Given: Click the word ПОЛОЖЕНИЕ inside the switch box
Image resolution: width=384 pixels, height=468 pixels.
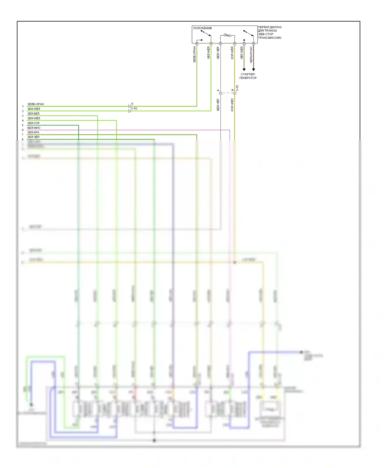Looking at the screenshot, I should click(x=202, y=28).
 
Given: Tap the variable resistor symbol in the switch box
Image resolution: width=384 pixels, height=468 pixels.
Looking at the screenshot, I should click(x=227, y=35).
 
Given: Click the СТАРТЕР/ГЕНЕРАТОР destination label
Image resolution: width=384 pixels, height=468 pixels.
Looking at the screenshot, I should click(x=248, y=76).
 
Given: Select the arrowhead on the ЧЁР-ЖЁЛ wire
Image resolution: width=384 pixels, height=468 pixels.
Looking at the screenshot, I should click(x=244, y=69).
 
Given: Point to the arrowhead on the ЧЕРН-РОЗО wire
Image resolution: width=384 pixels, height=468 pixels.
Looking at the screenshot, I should click(x=253, y=69).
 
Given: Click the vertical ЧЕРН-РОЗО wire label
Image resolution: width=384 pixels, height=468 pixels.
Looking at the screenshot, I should click(x=251, y=55).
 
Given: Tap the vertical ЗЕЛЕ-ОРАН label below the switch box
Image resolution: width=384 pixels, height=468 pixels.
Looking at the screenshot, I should click(x=194, y=55).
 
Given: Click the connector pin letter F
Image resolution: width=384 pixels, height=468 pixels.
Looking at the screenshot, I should click(x=218, y=90).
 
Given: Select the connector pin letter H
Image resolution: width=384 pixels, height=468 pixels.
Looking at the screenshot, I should click(x=232, y=90).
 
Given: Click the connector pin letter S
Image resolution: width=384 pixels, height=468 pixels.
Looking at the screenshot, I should click(x=132, y=104).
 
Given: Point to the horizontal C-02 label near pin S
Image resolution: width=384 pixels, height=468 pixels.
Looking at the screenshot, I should click(x=134, y=108).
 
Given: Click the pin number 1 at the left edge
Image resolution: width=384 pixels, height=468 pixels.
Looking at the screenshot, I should click(x=23, y=106).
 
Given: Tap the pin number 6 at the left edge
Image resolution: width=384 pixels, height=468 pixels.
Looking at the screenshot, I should click(x=23, y=130).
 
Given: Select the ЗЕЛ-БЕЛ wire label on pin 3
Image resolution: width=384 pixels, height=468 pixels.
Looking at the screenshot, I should click(x=34, y=113).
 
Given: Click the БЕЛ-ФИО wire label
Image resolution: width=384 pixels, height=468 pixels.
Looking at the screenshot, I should click(x=34, y=128).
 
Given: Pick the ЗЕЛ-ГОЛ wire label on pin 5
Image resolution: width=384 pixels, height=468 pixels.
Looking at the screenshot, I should click(x=34, y=123).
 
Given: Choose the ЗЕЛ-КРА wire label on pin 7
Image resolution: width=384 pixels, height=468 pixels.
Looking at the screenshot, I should click(x=34, y=132).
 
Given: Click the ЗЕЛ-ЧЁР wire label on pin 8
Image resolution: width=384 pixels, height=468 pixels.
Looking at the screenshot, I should click(x=34, y=137).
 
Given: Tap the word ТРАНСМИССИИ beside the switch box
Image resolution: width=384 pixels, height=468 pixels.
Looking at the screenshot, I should click(x=269, y=38).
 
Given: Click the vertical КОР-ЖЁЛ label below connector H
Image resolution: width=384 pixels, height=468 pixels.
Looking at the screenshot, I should click(x=232, y=105).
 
